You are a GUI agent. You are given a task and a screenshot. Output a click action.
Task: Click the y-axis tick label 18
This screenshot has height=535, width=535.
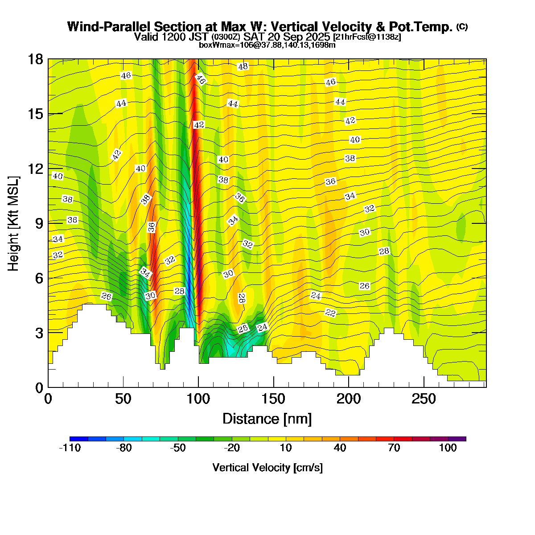coord(35,59)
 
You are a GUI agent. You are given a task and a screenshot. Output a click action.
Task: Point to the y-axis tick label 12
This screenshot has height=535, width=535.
coord(35,169)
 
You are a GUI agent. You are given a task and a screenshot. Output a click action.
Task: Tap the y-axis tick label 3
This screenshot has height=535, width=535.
coord(38,333)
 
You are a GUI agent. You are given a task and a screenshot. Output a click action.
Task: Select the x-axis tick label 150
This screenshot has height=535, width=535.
coord(273,399)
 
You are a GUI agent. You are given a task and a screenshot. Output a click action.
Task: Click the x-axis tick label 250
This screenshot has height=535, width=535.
coord(424,399)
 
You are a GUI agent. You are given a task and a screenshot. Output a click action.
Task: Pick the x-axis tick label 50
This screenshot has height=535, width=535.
coord(123,399)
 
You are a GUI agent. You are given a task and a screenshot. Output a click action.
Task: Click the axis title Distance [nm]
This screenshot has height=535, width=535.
coord(267,419)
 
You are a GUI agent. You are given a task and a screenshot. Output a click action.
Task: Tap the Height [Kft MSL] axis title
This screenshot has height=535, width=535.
coord(14,223)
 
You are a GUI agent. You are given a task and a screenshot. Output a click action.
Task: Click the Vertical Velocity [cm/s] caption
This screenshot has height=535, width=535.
coord(267,468)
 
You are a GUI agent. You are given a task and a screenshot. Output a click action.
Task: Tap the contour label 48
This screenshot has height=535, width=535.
coord(243,66)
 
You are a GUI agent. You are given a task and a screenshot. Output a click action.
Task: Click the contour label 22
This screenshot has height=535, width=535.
coord(330,313)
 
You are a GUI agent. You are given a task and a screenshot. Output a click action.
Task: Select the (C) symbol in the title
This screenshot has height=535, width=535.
coord(462,27)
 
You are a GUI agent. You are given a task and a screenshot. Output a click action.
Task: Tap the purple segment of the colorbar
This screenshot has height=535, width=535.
coord(457,439)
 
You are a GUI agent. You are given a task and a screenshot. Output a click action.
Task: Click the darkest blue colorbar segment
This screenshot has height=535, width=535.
coord(79,439)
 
